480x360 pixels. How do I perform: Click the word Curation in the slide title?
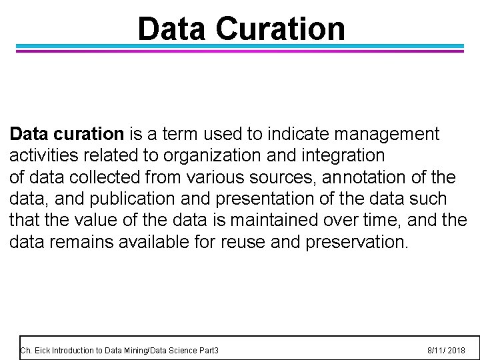coord(281,29)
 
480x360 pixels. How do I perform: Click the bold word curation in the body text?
coord(90,134)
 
